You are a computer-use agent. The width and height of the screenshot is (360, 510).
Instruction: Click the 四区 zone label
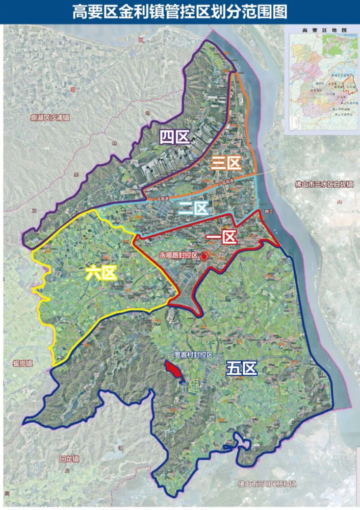pyautogui.click(x=174, y=137)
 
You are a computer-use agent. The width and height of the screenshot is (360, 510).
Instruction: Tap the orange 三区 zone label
pyautogui.click(x=226, y=163)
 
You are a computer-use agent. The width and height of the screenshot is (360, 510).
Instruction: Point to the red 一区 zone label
pyautogui.click(x=220, y=238)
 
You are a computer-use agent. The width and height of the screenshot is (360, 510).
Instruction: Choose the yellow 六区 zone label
pyautogui.click(x=101, y=273)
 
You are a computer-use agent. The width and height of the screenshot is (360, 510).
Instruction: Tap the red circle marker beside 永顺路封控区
pyautogui.click(x=204, y=258)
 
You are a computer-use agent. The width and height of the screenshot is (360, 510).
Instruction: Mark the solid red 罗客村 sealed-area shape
pyautogui.click(x=173, y=371)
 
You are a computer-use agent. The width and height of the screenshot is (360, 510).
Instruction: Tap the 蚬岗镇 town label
pyautogui.click(x=22, y=364)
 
